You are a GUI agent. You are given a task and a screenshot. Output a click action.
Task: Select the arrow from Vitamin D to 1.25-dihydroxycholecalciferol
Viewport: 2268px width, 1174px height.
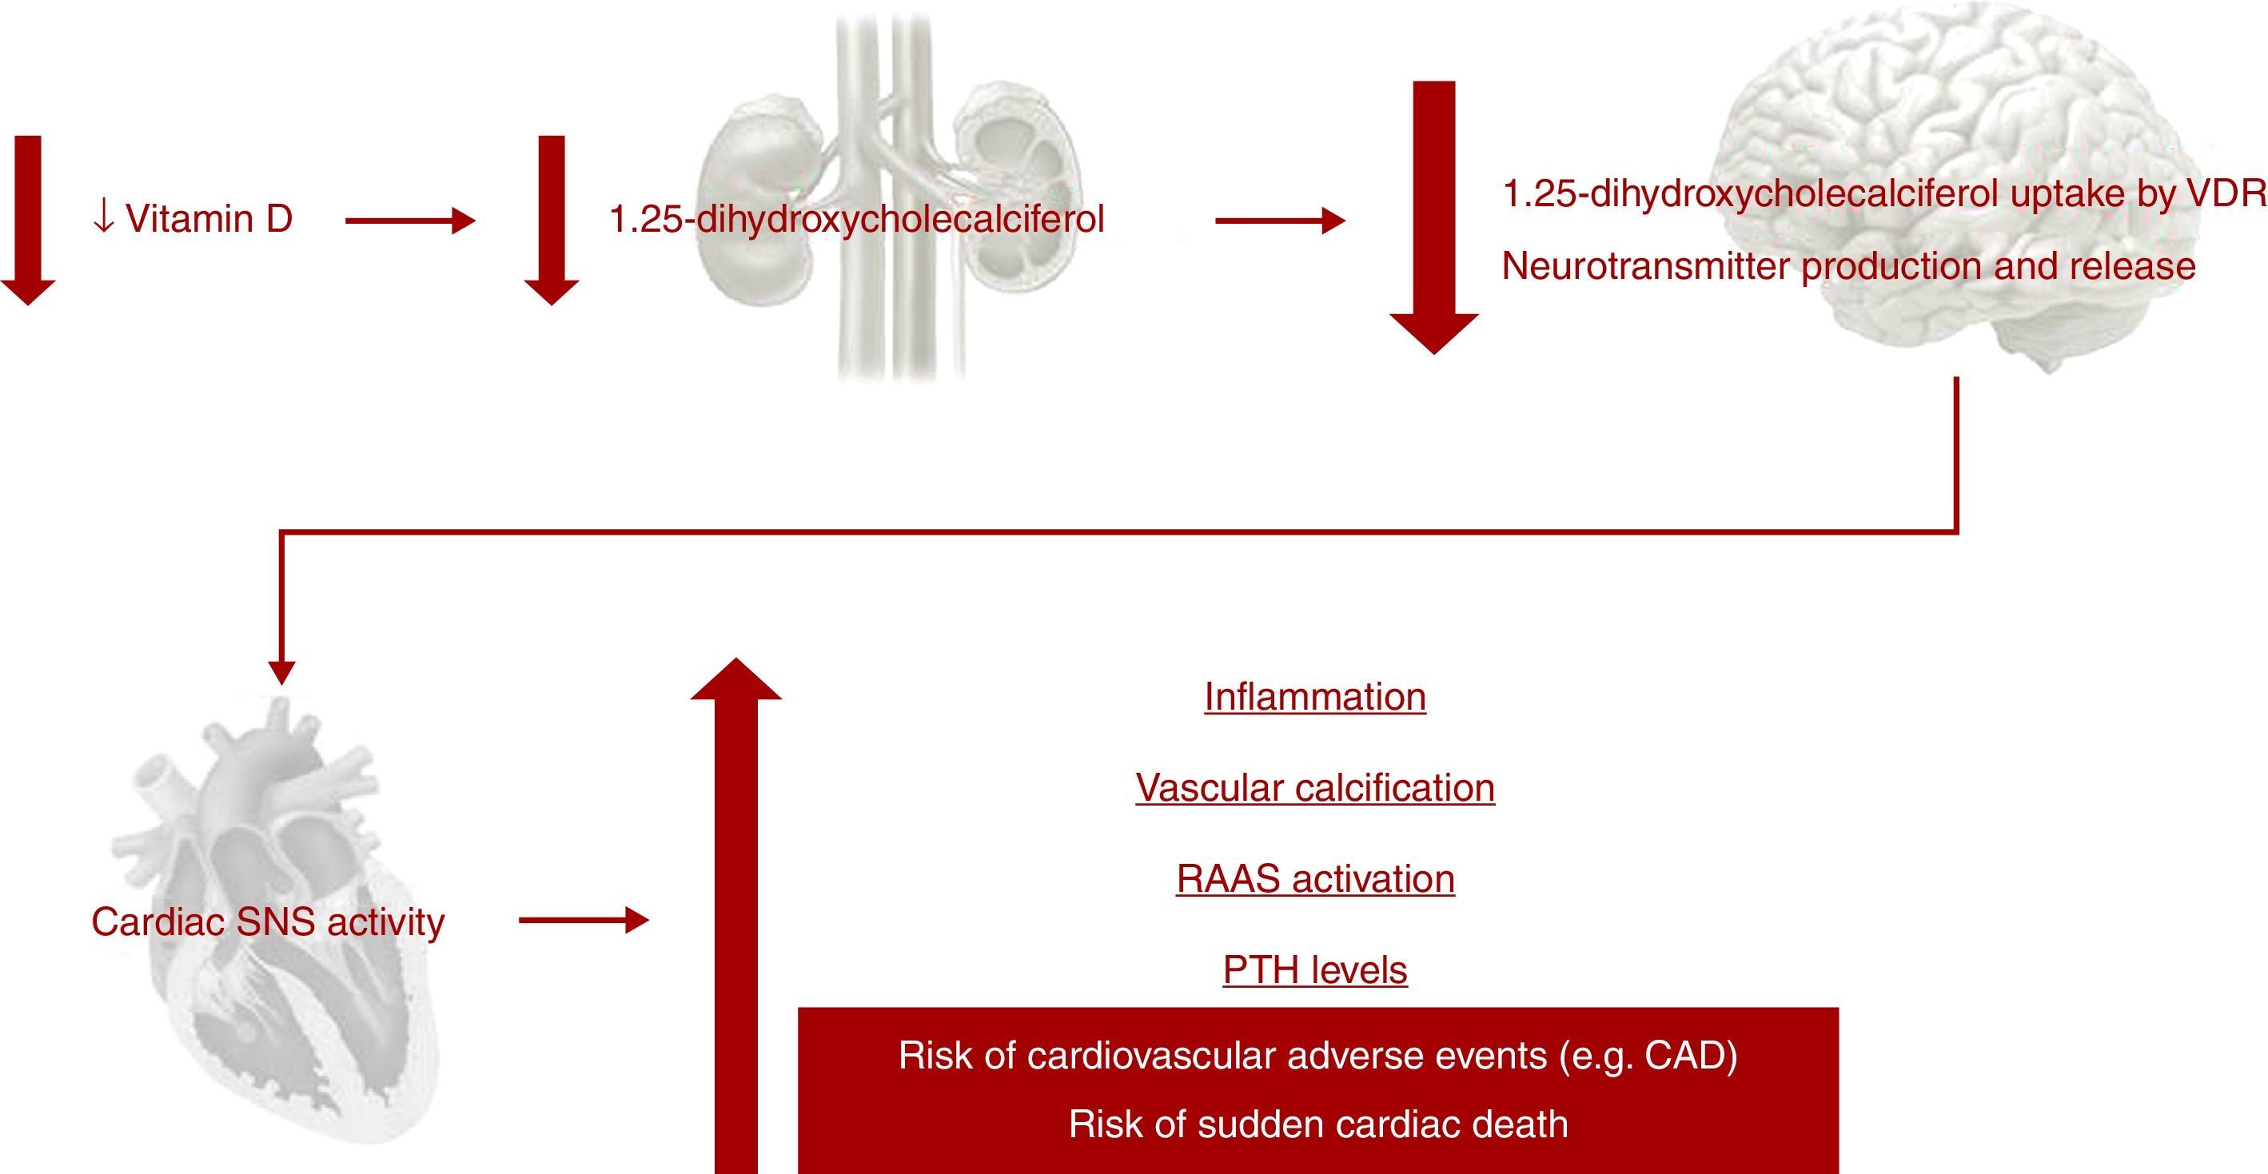click(409, 221)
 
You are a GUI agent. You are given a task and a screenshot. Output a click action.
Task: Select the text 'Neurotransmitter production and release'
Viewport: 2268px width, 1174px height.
click(1848, 266)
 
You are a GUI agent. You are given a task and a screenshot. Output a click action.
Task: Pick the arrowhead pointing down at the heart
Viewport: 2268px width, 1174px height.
click(281, 673)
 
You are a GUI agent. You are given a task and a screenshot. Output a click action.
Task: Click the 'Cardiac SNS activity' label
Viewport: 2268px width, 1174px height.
click(268, 922)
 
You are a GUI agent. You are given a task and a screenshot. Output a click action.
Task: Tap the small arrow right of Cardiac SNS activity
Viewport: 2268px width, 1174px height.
click(583, 921)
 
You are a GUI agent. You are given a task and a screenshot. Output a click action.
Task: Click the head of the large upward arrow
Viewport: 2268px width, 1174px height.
click(735, 680)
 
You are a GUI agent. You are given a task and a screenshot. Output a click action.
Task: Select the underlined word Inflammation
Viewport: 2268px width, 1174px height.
click(1314, 697)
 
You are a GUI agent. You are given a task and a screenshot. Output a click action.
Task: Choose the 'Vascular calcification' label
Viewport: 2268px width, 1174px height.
click(1314, 788)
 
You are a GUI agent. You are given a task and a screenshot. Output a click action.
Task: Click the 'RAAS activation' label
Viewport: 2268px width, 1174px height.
click(1314, 879)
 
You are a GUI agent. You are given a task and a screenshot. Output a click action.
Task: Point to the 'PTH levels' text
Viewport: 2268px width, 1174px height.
click(1314, 970)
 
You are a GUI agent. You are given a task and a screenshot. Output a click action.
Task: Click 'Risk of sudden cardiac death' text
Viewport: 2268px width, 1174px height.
click(1318, 1124)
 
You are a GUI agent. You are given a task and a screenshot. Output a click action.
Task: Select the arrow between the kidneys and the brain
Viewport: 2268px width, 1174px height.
click(1279, 221)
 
